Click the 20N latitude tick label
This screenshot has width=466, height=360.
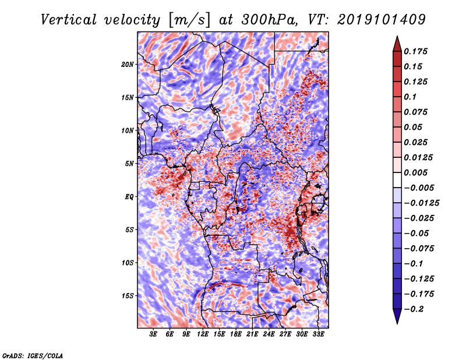tap(128, 64)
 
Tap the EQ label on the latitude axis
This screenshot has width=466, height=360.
tap(129, 196)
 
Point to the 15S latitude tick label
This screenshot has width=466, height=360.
tap(128, 295)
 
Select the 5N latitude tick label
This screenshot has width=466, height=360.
tap(129, 163)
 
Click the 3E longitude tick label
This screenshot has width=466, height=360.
tap(154, 334)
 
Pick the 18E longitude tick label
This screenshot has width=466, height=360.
tap(236, 334)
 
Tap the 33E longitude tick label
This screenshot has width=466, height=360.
tap(318, 334)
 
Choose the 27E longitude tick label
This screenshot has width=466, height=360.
tap(285, 334)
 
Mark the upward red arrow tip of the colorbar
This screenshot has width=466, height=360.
tap(396, 38)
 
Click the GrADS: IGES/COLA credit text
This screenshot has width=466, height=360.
tap(32, 355)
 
